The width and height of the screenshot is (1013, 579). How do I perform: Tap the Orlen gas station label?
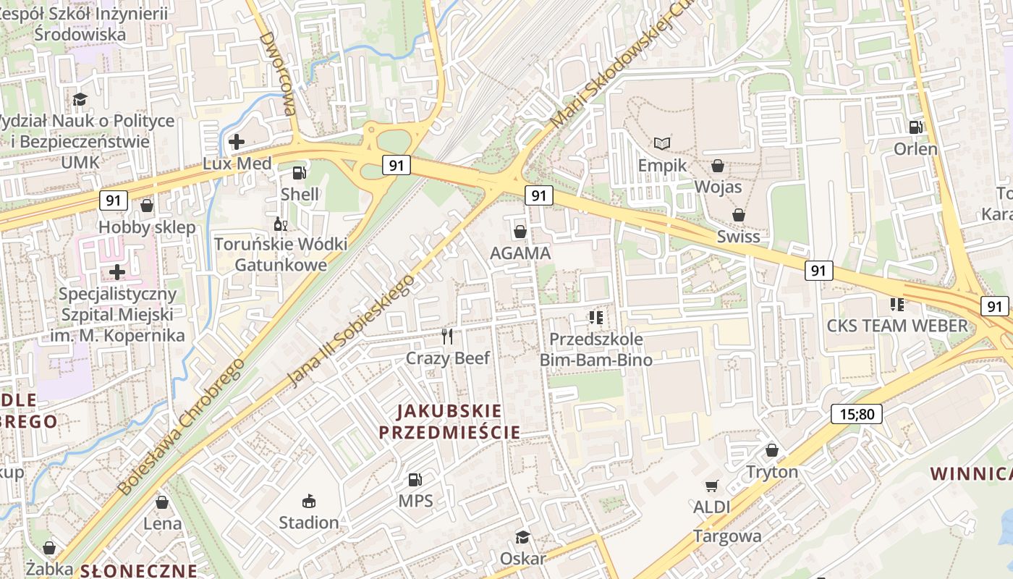click(915, 149)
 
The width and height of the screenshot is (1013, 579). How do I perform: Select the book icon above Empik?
click(661, 143)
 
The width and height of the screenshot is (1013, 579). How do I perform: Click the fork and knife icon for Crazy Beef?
click(447, 336)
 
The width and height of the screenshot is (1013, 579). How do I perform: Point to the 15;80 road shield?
click(857, 415)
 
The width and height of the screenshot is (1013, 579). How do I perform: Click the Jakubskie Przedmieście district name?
click(449, 422)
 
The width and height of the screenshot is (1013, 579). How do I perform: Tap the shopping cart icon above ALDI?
click(712, 486)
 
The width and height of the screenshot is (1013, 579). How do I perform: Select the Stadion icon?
click(309, 501)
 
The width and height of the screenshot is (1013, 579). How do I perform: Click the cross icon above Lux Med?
click(236, 141)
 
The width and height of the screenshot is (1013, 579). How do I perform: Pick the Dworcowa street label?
click(278, 74)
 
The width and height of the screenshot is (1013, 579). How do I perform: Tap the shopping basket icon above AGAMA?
click(520, 232)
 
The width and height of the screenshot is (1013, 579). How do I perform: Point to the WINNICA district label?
click(970, 474)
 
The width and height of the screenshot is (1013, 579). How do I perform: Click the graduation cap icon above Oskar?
click(522, 537)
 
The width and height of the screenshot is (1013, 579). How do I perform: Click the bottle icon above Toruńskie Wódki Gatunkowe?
click(280, 224)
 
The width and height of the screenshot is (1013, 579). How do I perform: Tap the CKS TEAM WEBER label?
click(897, 326)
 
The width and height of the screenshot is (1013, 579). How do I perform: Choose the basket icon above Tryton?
click(772, 450)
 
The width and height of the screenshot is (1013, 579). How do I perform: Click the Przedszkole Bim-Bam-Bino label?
click(596, 350)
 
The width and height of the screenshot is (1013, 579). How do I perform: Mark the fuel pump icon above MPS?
click(415, 479)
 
